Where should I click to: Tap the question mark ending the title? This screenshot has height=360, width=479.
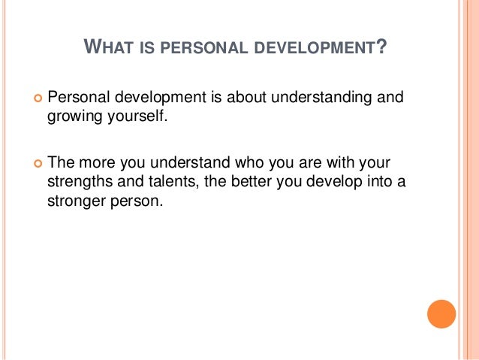click(383, 50)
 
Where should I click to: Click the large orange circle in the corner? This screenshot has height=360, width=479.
click(441, 314)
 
